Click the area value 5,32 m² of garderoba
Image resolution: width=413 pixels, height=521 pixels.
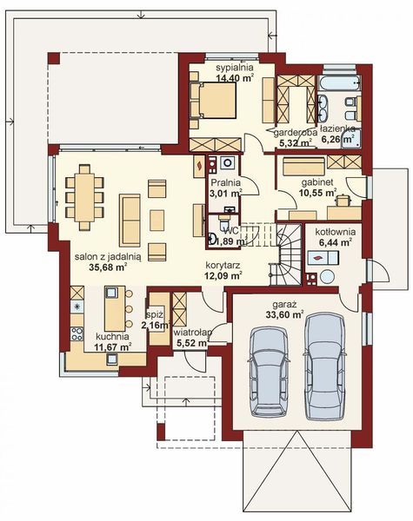[290, 144]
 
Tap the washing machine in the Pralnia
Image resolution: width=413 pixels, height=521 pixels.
[227, 162]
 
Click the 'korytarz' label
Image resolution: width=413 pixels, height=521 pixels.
[223, 265]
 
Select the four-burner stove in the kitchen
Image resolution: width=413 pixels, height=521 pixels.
[77, 307]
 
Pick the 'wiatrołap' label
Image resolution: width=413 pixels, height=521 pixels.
[191, 332]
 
